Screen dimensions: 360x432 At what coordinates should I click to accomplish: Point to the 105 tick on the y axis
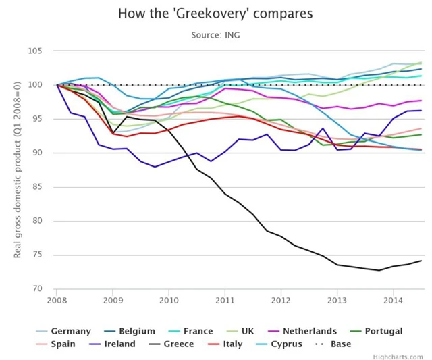(x=36, y=51)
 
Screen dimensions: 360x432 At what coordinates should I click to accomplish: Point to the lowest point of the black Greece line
(x=379, y=270)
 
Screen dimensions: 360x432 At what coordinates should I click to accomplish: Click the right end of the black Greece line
(x=422, y=261)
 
